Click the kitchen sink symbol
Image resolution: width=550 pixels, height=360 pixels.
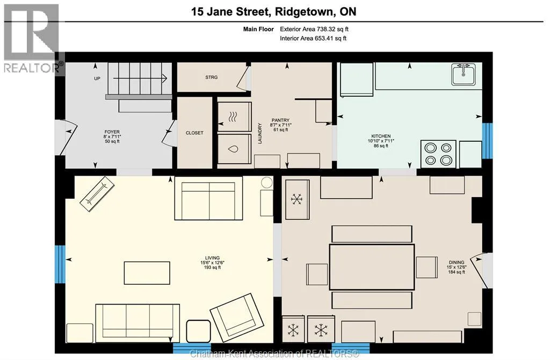(464, 74)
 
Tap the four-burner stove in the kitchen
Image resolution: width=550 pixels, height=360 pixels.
(438, 154)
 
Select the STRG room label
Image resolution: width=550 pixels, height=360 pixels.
(212, 77)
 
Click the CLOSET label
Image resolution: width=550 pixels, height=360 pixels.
(194, 133)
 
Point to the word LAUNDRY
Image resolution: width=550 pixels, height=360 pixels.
(260, 133)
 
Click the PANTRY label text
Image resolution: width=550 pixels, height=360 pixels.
(280, 120)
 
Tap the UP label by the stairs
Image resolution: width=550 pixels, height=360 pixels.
(97, 78)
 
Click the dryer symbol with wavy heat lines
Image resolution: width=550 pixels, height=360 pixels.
(234, 117)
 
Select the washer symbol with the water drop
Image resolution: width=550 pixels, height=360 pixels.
(234, 149)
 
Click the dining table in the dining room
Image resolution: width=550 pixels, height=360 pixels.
(372, 267)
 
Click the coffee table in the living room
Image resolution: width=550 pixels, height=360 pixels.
(147, 273)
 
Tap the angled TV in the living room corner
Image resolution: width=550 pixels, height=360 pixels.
(98, 194)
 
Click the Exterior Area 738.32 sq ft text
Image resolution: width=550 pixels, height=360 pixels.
(314, 29)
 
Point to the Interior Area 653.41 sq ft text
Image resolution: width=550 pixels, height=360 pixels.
(313, 38)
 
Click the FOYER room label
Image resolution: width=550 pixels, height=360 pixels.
(112, 132)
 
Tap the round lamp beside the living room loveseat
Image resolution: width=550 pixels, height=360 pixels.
(266, 183)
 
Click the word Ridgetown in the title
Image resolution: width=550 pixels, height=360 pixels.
(305, 12)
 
